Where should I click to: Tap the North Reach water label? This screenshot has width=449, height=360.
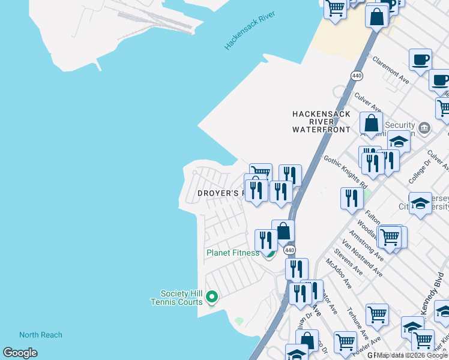click(40, 335)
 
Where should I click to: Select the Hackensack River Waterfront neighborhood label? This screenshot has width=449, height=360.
click(321, 121)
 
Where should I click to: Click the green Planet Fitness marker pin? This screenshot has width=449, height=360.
click(270, 253)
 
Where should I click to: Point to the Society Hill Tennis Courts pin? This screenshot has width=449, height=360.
click(211, 296)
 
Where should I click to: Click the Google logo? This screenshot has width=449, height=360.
click(20, 353)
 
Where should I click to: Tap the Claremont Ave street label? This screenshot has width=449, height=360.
click(391, 71)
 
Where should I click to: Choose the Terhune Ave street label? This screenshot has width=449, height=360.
click(357, 324)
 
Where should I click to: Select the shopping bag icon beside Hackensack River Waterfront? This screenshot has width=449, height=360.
click(372, 124)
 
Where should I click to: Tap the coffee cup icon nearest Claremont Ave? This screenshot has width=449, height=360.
click(421, 60)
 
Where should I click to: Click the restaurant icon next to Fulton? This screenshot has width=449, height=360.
click(351, 199)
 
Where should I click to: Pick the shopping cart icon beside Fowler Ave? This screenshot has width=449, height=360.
click(377, 314)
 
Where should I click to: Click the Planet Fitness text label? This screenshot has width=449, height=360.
click(233, 253)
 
